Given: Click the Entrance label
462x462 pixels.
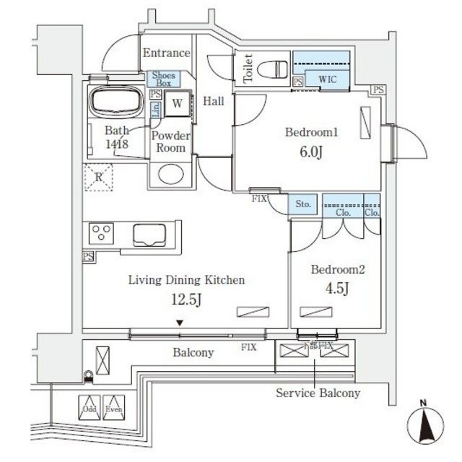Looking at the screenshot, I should [x=166, y=53].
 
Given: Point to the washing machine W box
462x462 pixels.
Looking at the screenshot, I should [x=177, y=103].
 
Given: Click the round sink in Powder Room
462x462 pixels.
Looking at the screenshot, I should [x=171, y=175].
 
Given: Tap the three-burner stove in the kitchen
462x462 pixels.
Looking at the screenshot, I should [x=102, y=233].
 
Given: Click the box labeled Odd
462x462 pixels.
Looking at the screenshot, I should [x=90, y=406].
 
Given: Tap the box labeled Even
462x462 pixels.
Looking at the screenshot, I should [x=113, y=406].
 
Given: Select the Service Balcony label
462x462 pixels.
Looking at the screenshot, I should [x=318, y=393].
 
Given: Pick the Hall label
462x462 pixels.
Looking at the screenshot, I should [x=212, y=102].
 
